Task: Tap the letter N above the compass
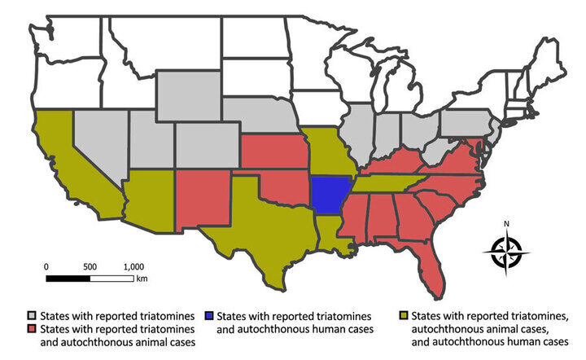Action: click(505, 224)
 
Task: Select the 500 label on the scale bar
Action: click(90, 266)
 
